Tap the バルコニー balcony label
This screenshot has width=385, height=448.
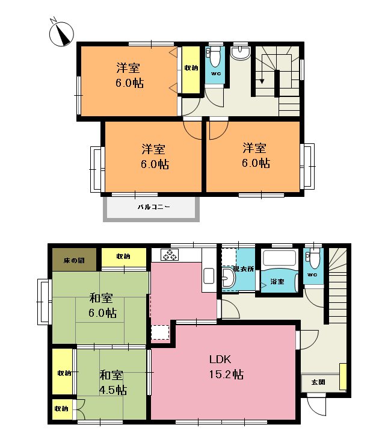pyautogui.click(x=153, y=207)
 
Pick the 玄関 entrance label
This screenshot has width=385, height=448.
pyautogui.click(x=318, y=382)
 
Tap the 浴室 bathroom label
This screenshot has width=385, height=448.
pyautogui.click(x=277, y=281)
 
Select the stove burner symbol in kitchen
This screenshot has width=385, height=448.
pyautogui.click(x=169, y=255)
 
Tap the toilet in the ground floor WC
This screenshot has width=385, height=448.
pyautogui.click(x=313, y=260)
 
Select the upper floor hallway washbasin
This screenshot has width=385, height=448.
pyautogui.click(x=241, y=54)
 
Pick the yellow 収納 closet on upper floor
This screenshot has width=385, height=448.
pyautogui.click(x=192, y=70)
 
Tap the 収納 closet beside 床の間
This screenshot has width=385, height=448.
pyautogui.click(x=123, y=257)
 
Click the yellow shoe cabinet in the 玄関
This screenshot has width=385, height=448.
pyautogui.click(x=343, y=376)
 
